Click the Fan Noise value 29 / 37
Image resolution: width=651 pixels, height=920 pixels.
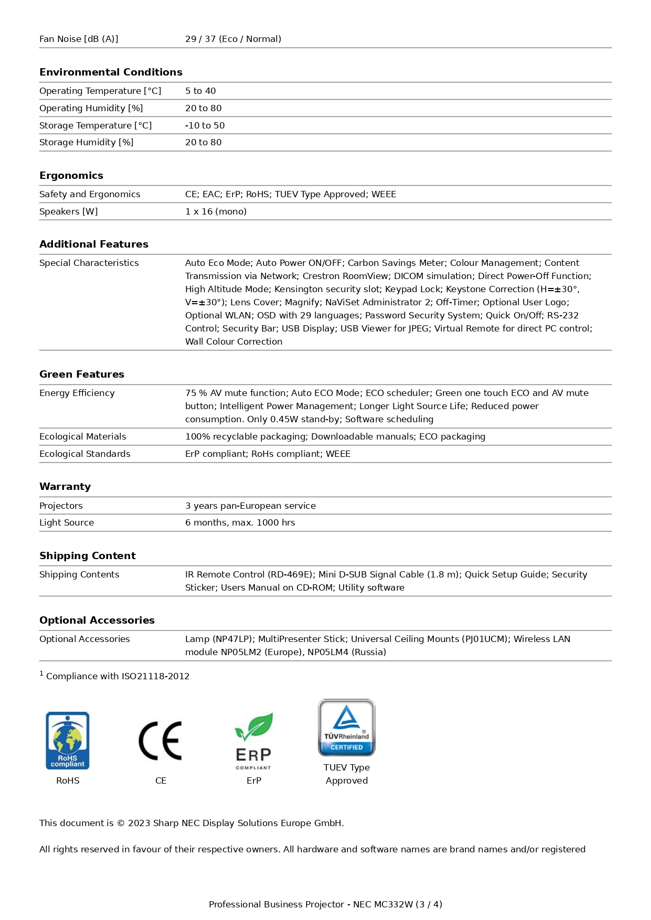point(233,39)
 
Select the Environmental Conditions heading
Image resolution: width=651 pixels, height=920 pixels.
point(111,72)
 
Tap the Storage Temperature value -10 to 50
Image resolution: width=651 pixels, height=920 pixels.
point(205,125)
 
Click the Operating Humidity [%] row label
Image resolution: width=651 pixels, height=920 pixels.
point(91,108)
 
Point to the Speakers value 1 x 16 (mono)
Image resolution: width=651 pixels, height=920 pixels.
point(216,211)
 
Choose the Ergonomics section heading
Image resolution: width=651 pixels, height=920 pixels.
point(71,175)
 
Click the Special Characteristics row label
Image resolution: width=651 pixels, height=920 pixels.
point(89,263)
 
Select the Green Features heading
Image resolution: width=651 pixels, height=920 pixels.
point(82,374)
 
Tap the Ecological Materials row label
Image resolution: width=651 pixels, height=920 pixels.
point(83,436)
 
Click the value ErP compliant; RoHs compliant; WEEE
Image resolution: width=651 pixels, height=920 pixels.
point(268,454)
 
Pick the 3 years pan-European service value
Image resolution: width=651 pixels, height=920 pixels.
point(250,506)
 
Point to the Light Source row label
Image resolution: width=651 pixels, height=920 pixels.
point(67,522)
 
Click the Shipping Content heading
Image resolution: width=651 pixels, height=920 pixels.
point(88,555)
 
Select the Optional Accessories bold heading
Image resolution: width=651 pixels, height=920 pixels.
point(97,620)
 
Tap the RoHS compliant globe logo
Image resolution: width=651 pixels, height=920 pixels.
point(68,741)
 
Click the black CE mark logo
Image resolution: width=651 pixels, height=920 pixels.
point(161,741)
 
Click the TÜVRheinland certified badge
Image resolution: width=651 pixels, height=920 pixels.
point(347,728)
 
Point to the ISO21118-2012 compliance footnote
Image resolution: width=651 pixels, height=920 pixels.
point(115,676)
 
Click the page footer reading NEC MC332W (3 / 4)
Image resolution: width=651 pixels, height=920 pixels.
point(325,904)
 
